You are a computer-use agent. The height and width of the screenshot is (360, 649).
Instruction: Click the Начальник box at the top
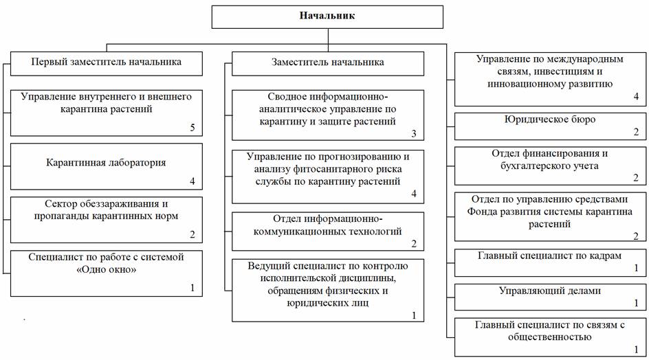[x=327, y=16]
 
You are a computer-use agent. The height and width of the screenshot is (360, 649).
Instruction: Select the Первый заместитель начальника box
[x=107, y=63]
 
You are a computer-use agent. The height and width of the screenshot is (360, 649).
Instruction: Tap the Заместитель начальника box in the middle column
[x=328, y=63]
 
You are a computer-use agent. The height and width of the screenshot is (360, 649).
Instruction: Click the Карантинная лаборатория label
[x=106, y=163]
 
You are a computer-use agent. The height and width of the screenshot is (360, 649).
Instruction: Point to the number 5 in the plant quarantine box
[x=192, y=128]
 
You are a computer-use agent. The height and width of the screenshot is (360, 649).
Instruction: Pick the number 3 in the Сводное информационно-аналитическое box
[x=414, y=134]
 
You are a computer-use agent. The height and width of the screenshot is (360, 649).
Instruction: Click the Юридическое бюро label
[x=550, y=120]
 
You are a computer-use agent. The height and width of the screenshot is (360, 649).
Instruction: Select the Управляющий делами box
[x=550, y=297]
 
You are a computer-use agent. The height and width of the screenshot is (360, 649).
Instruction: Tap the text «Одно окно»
[x=107, y=270]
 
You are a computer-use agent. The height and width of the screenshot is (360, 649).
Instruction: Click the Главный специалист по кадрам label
[x=550, y=256]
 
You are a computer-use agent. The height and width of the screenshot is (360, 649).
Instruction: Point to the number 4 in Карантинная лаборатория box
[x=192, y=181]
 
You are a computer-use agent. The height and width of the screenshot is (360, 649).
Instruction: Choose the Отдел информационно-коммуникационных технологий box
[x=328, y=232]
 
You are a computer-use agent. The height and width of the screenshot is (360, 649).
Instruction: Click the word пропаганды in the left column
[x=61, y=216]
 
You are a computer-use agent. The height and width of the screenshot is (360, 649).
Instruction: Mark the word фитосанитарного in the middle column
[x=335, y=169]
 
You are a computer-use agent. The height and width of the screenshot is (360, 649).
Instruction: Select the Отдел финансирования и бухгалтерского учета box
[x=550, y=166]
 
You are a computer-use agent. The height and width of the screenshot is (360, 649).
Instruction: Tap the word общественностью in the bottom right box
[x=550, y=337]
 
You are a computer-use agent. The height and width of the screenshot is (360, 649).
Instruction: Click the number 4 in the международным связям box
[x=636, y=97]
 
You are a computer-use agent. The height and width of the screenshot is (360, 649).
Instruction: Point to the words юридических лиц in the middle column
[x=327, y=303]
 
